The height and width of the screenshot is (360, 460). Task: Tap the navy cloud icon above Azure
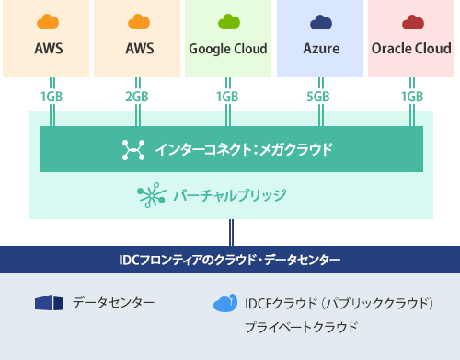[320, 22]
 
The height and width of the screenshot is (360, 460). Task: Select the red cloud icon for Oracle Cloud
[412, 22]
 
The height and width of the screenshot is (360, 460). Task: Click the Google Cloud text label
[227, 49]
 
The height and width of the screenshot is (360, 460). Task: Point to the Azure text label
[320, 49]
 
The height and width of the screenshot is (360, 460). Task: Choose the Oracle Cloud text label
[412, 49]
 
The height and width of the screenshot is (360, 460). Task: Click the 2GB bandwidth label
[137, 97]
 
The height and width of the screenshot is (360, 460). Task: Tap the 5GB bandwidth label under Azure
[319, 97]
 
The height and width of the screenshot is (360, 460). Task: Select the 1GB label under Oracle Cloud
[411, 97]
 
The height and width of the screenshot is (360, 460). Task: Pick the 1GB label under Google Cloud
[227, 97]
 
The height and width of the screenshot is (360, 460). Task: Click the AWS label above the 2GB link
[138, 49]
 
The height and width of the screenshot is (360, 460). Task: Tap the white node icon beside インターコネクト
[133, 149]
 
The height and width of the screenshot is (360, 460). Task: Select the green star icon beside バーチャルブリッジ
[147, 194]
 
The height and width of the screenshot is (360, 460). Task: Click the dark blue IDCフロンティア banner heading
[230, 260]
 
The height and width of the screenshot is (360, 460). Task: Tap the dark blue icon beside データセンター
[47, 302]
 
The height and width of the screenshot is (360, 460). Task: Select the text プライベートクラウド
[301, 327]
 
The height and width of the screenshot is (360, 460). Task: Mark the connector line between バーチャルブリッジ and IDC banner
[230, 232]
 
